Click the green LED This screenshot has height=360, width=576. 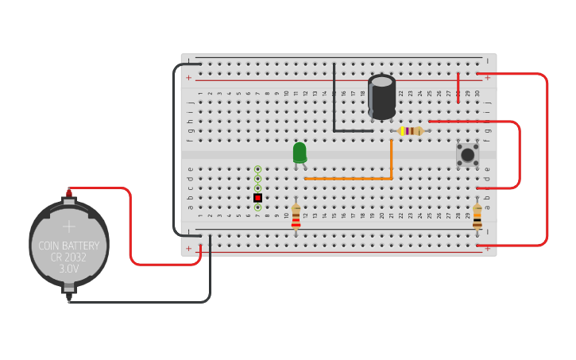click(x=300, y=153)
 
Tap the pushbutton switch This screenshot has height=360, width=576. click(x=467, y=154)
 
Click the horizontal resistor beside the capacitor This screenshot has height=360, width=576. click(x=410, y=130)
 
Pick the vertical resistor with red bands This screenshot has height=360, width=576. click(x=296, y=216)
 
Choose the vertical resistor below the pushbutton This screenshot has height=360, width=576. click(x=477, y=215)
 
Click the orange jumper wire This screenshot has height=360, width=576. click(x=350, y=178)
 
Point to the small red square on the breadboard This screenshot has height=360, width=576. click(x=257, y=197)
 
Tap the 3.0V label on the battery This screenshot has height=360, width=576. click(x=69, y=269)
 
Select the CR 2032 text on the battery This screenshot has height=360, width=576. click(x=69, y=257)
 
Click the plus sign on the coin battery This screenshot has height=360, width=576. click(x=69, y=226)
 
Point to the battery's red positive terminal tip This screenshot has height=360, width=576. click(x=69, y=192)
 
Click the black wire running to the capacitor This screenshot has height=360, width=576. click(x=334, y=103)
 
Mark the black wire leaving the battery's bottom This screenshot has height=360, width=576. click(x=143, y=302)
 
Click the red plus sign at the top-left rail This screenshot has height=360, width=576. click(x=188, y=78)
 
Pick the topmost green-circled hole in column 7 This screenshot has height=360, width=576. click(x=257, y=168)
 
